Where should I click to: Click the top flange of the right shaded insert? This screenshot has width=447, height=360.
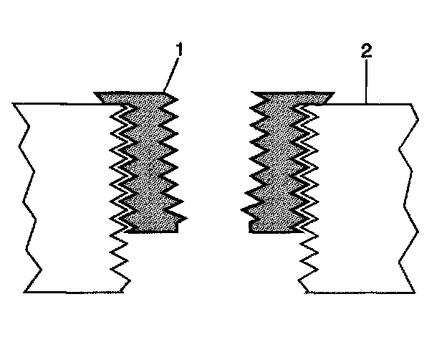(294, 95)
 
